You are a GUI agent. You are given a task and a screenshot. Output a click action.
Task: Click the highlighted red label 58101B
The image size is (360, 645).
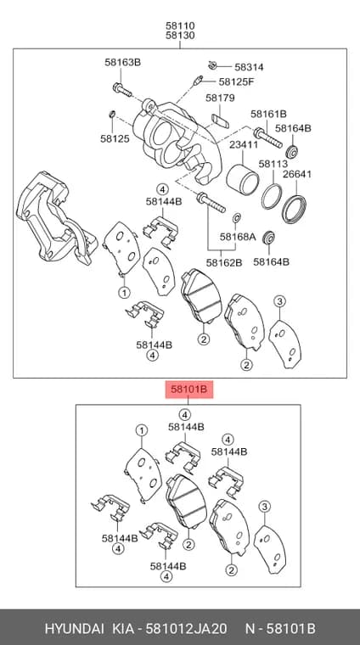coord(189,389)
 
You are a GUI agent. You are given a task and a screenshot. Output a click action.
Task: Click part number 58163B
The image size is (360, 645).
coord(122,63)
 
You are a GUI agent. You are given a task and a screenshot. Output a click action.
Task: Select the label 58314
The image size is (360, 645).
coord(249,67)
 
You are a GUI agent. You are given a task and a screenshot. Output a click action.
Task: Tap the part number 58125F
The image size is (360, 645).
coord(236,81)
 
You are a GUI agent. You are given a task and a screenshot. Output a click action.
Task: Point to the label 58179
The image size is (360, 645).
coord(220,98)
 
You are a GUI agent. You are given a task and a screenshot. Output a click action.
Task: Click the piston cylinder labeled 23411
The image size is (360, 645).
coord(243,179)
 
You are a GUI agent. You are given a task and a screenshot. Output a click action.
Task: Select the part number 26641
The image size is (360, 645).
coord(297,174)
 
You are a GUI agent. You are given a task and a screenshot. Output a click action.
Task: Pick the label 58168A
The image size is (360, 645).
coord(238,237)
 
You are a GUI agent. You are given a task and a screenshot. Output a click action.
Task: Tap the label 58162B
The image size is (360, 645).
coord(224,262)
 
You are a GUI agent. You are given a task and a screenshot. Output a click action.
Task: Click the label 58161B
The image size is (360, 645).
coord(268,114)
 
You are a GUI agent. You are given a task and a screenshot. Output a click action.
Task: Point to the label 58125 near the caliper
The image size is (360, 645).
coord(115,138)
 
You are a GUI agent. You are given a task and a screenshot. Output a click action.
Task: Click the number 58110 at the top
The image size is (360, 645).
coord(180,25)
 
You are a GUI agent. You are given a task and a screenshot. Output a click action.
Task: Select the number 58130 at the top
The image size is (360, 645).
coord(180,36)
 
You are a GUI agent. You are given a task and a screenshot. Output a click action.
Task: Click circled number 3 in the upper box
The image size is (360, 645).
coord(280,301)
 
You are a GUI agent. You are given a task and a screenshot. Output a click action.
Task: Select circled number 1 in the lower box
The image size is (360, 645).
coord(142,430)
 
